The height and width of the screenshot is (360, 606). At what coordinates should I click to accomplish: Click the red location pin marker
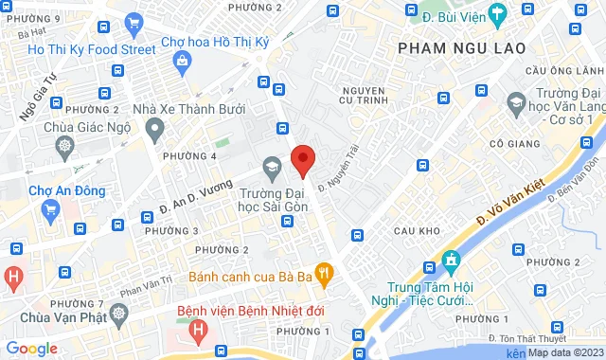[x=302, y=159]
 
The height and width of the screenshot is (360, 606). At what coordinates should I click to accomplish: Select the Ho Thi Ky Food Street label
[x=91, y=49]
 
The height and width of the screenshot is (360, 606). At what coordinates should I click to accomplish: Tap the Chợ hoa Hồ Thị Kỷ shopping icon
[x=182, y=61]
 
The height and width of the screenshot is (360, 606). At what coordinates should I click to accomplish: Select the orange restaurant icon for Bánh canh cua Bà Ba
[x=324, y=276]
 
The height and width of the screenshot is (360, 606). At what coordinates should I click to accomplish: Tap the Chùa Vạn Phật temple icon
[x=117, y=313]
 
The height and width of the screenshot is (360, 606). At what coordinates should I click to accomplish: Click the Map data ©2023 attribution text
[x=565, y=353]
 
